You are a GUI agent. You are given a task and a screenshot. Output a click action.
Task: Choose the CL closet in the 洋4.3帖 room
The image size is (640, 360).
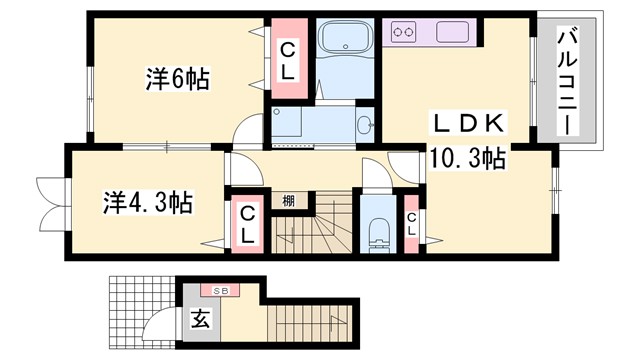point(246,222)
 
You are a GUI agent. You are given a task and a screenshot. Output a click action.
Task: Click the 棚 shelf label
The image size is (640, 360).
point(288,201)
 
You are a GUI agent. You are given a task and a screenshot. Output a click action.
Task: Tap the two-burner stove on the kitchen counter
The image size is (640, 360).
point(405,32)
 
